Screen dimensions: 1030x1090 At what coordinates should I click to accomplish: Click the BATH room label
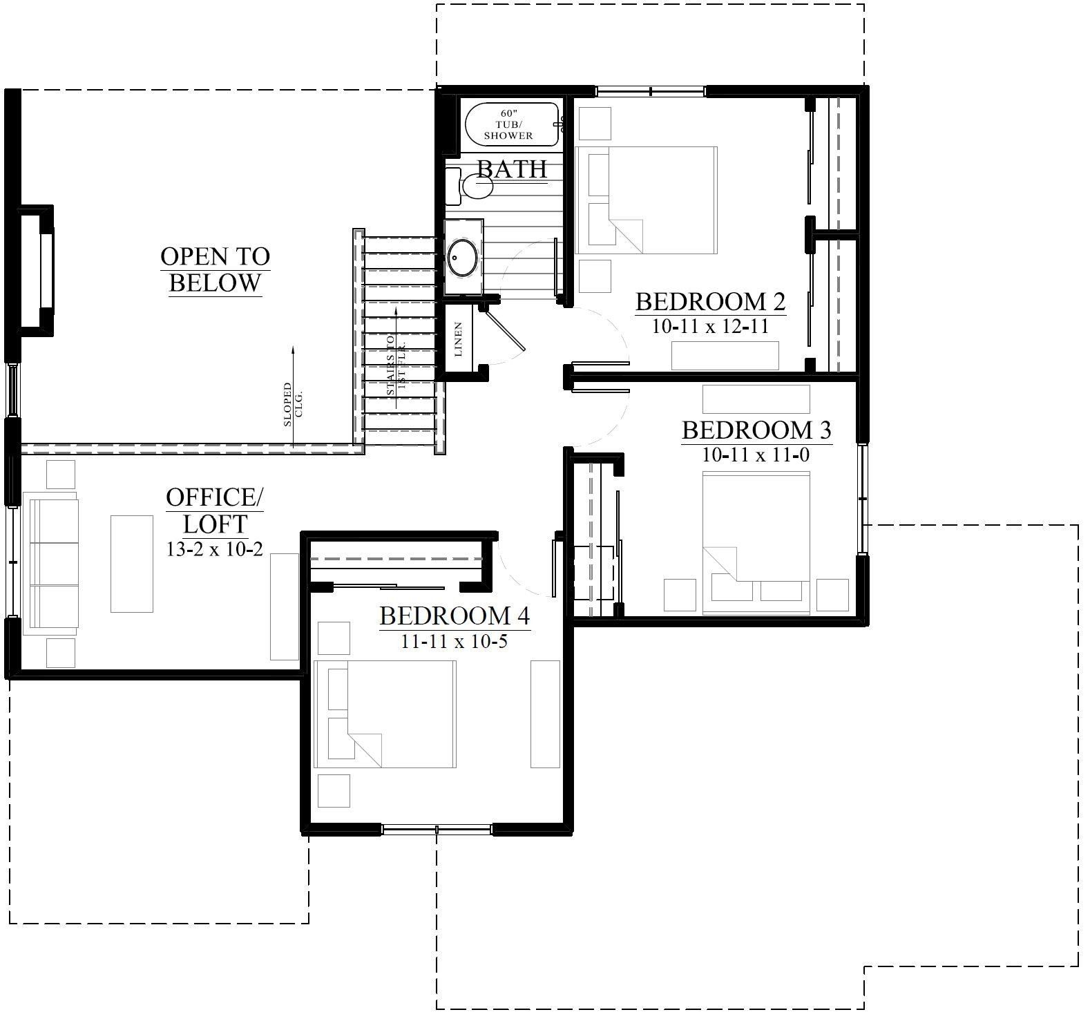(512, 169)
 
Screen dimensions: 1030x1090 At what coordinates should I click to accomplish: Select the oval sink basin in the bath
(462, 258)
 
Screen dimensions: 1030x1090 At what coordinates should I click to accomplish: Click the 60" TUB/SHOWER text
(508, 124)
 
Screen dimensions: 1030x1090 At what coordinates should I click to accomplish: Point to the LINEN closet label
(458, 339)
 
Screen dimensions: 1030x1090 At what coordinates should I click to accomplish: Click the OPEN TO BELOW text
(215, 269)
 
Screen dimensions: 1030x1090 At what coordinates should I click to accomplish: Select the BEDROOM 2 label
(710, 302)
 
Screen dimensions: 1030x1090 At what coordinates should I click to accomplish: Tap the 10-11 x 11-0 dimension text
(755, 454)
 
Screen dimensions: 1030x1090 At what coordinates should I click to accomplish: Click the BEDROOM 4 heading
(455, 615)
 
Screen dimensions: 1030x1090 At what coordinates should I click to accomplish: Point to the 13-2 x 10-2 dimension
(214, 549)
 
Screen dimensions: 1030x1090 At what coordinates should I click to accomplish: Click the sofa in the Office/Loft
(51, 564)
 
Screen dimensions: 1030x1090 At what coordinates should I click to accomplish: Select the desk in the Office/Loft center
(132, 563)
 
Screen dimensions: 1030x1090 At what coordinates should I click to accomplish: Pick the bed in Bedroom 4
(385, 714)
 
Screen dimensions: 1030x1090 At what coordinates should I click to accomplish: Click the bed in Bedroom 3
(756, 542)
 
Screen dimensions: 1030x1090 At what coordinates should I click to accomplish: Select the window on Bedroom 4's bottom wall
(437, 830)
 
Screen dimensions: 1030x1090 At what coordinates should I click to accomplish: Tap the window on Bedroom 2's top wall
(651, 90)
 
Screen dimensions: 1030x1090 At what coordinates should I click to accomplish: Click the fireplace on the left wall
(38, 270)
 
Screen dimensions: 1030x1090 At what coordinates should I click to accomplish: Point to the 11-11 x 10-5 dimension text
(455, 641)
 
